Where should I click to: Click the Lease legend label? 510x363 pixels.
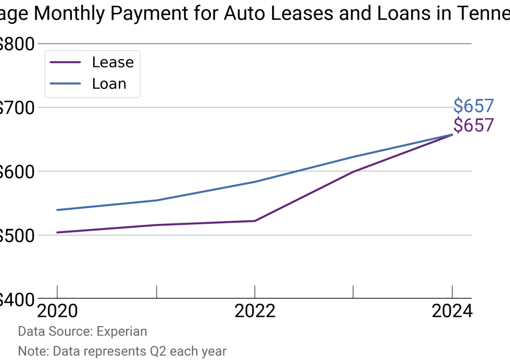pos(112,62)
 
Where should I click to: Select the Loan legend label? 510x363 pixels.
pos(109,84)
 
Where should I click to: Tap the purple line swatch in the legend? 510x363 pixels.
pos(66,62)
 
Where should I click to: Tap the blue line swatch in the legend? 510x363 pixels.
pos(66,84)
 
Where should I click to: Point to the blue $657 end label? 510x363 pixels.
pos(473,106)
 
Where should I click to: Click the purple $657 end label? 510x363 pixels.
pos(473,125)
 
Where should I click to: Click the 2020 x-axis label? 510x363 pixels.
pos(57,311)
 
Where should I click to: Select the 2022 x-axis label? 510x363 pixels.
pos(254,311)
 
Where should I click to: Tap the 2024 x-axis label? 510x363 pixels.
pos(452,311)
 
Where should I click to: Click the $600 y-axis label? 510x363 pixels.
pos(16,171)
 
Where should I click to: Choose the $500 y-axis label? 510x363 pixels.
pos(16,235)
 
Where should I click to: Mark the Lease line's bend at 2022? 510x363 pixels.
pos(254,221)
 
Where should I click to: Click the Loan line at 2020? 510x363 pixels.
pos(57,210)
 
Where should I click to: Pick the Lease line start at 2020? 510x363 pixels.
pos(57,232)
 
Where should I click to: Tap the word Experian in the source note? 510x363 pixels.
pos(122,331)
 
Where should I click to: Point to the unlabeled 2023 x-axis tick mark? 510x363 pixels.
pos(353,291)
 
